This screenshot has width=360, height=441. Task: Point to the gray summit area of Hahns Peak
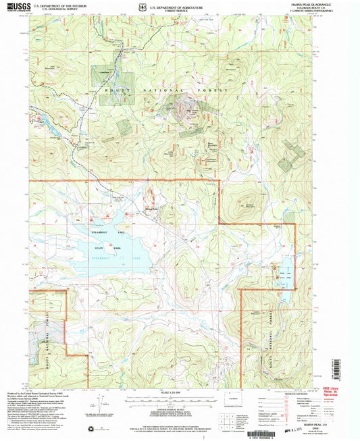pyautogui.click(x=184, y=109)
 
